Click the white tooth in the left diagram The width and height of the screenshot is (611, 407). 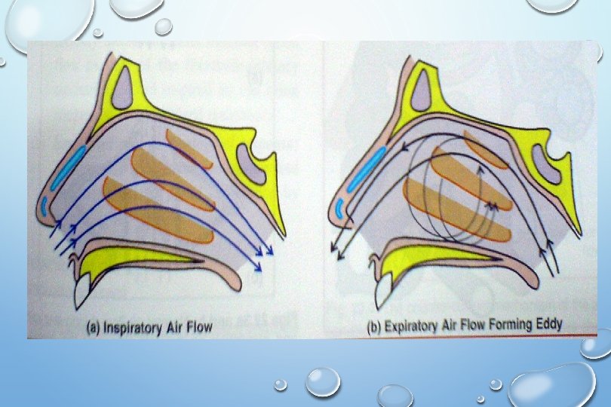point(83,291)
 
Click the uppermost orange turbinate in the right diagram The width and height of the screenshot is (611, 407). point(486,148)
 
